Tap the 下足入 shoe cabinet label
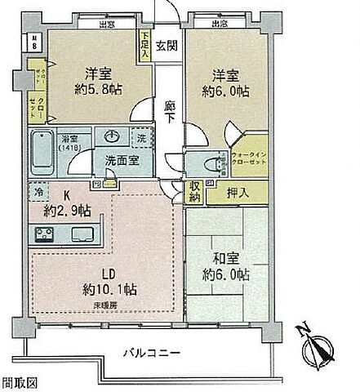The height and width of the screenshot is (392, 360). [x=144, y=44]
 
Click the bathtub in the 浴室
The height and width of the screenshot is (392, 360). [x=44, y=152]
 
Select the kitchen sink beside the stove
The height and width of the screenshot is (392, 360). [x=82, y=234]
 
